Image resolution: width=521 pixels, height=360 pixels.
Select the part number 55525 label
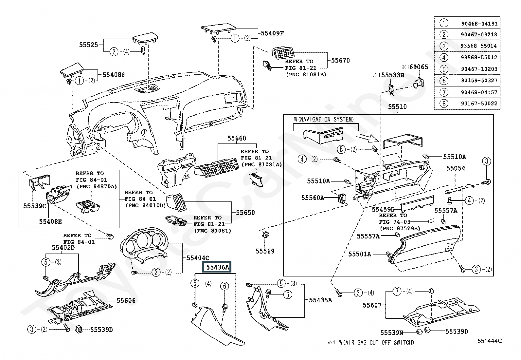pyautogui.click(x=88, y=45)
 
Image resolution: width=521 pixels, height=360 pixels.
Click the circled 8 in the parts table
pyautogui.click(x=444, y=104)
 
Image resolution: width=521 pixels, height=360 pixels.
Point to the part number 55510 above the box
pyautogui.click(x=397, y=107)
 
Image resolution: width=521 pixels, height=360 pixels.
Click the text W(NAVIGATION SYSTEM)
pyautogui.click(x=324, y=120)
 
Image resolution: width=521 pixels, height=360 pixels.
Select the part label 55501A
pyautogui.click(x=359, y=254)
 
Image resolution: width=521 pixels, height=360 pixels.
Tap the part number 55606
pyautogui.click(x=126, y=300)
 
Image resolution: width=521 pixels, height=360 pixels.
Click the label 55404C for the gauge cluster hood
pyautogui.click(x=198, y=258)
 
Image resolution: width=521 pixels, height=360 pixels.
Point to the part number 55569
pyautogui.click(x=265, y=251)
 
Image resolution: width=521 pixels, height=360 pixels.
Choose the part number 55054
pyautogui.click(x=456, y=168)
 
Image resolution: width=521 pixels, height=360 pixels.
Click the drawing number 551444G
pyautogui.click(x=489, y=341)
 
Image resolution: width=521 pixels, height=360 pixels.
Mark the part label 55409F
pyautogui.click(x=272, y=33)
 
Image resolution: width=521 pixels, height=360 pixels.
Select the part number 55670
pyautogui.click(x=340, y=61)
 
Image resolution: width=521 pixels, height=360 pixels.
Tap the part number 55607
pyautogui.click(x=372, y=305)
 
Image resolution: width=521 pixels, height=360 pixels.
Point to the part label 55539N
pyautogui.click(x=392, y=333)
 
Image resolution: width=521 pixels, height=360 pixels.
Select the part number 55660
pyautogui.click(x=237, y=139)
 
